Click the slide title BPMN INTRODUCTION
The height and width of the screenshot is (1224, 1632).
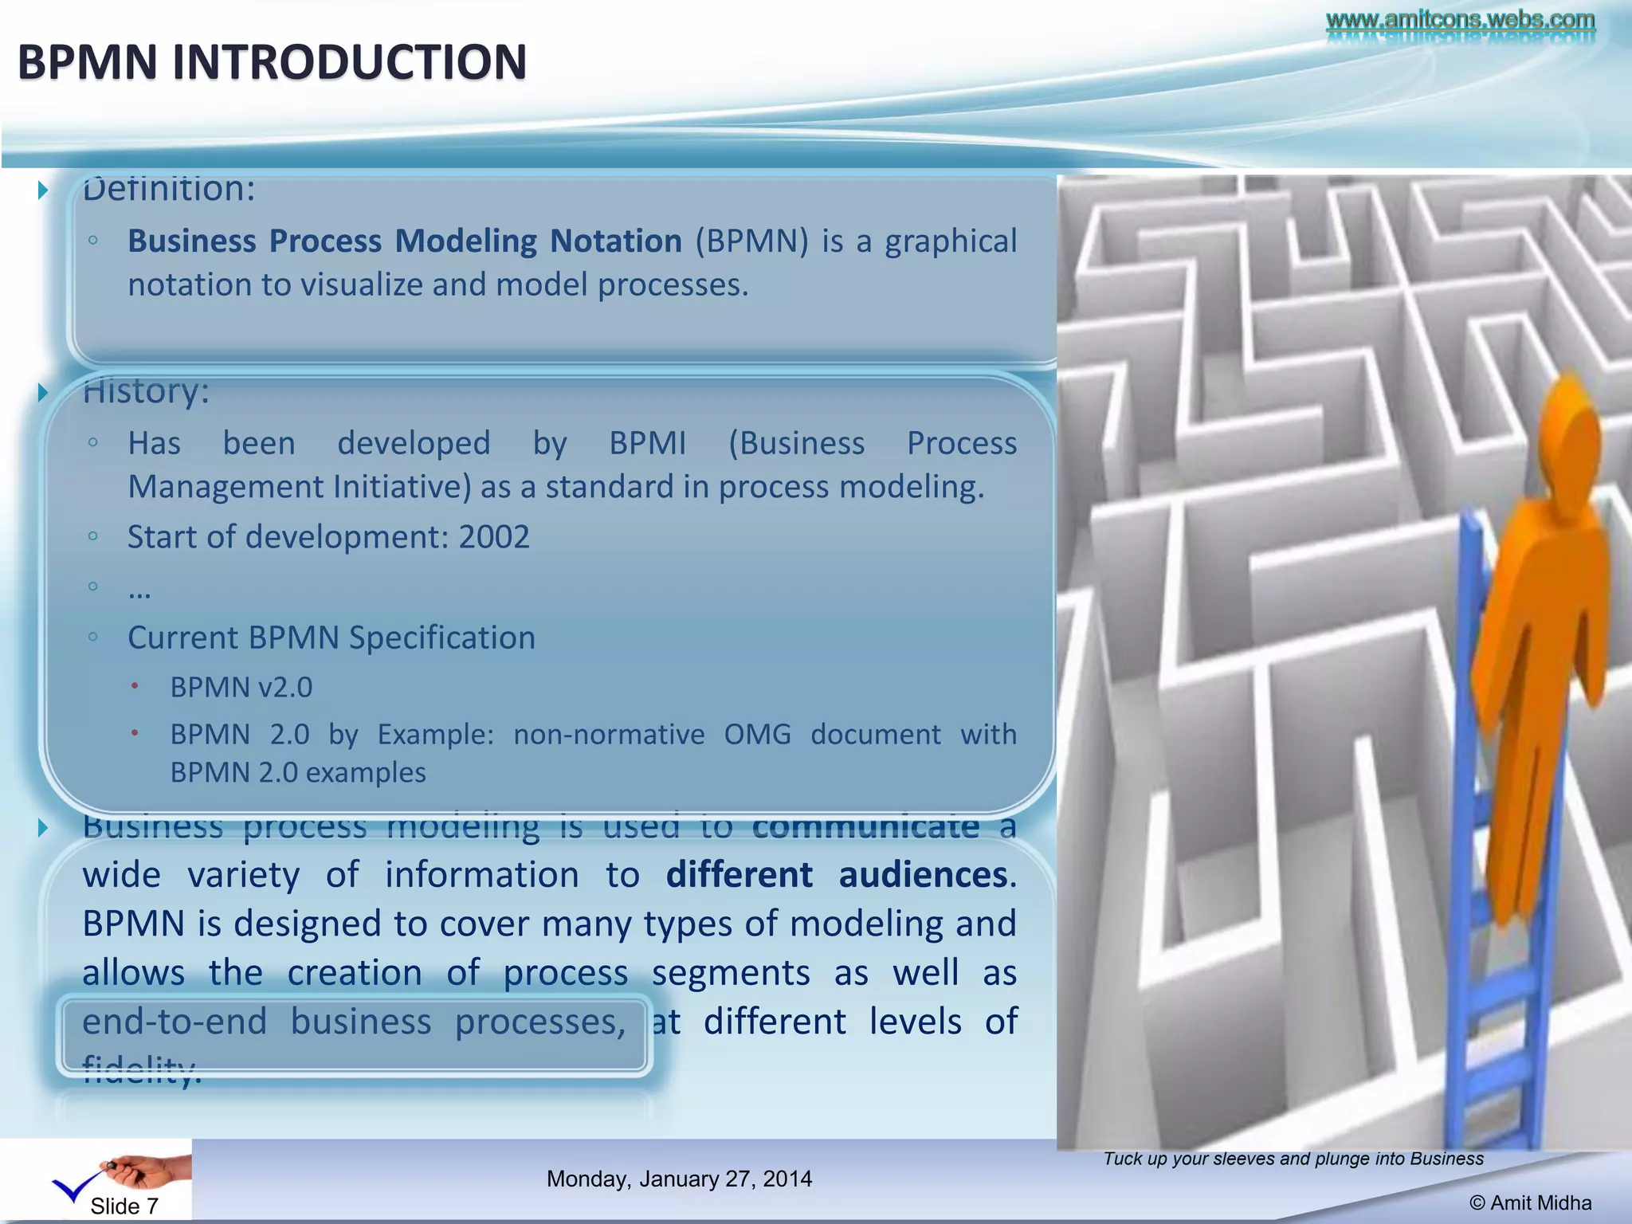click(272, 62)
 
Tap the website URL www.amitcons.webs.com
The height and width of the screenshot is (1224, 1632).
click(1460, 19)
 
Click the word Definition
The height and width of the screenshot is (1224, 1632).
click(168, 190)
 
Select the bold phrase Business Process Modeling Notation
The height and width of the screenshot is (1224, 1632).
click(405, 241)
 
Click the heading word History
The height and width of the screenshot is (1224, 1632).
click(146, 391)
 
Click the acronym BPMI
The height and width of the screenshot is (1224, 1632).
click(647, 443)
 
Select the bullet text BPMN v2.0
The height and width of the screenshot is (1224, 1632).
click(241, 687)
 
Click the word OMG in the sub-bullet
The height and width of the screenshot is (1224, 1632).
click(757, 734)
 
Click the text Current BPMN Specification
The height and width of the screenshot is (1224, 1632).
click(331, 637)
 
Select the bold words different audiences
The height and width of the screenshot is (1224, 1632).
click(837, 875)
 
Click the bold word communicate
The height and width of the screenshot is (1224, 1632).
click(865, 827)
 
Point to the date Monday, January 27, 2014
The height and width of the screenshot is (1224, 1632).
click(679, 1179)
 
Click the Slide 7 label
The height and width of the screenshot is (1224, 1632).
click(124, 1206)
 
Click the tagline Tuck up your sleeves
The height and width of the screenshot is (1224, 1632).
click(1293, 1159)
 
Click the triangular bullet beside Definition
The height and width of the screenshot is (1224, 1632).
click(44, 190)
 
